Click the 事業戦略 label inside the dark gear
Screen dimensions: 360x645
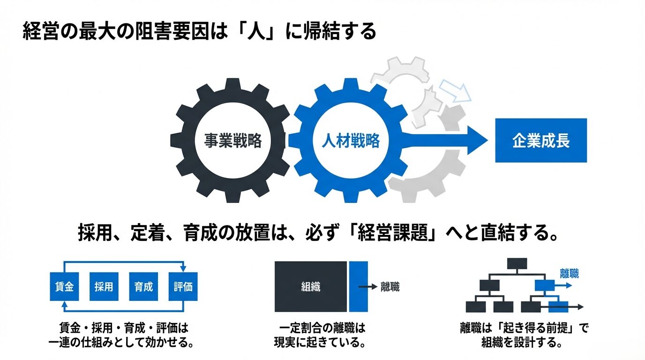(x=232, y=141)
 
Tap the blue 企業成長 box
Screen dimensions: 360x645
(x=540, y=141)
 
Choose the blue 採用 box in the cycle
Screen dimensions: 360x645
(x=104, y=286)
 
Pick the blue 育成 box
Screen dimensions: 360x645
(x=143, y=286)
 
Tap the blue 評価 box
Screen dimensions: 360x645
(x=183, y=286)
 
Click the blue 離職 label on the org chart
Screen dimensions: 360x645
(x=569, y=273)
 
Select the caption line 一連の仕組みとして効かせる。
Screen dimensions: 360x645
(x=122, y=342)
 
